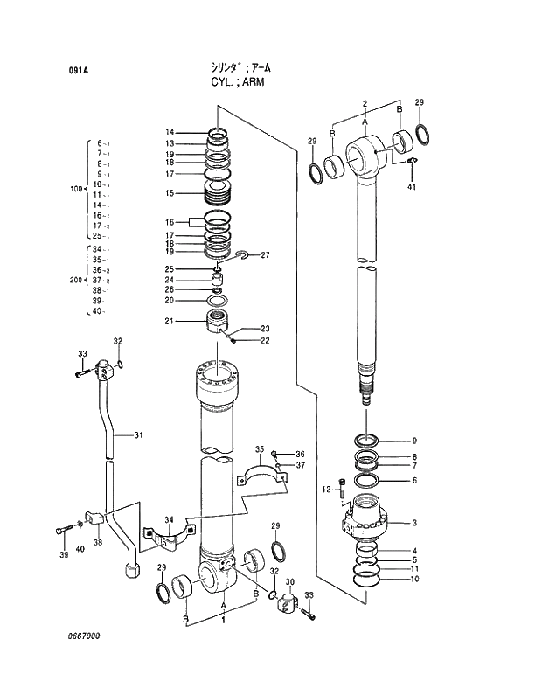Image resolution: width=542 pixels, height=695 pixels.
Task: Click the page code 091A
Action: (78, 72)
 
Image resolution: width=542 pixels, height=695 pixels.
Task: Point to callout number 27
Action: (265, 255)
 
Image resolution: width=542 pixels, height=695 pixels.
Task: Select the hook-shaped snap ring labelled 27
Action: (242, 254)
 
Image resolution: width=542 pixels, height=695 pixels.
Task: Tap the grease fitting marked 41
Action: (413, 162)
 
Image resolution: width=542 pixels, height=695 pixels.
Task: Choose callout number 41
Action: (413, 186)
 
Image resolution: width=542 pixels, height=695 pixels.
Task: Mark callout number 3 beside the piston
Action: (414, 523)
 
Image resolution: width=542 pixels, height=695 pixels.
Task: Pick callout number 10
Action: (414, 579)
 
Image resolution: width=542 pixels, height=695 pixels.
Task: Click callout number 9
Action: (414, 441)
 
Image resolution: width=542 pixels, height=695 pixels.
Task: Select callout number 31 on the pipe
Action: (139, 434)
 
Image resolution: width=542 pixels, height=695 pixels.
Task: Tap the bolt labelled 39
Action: (65, 530)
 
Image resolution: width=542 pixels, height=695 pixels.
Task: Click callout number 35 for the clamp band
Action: (259, 449)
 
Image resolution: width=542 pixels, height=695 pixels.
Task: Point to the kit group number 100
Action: (74, 189)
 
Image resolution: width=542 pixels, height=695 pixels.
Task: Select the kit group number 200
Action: (74, 281)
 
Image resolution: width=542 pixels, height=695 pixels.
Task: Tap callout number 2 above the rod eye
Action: (364, 104)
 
